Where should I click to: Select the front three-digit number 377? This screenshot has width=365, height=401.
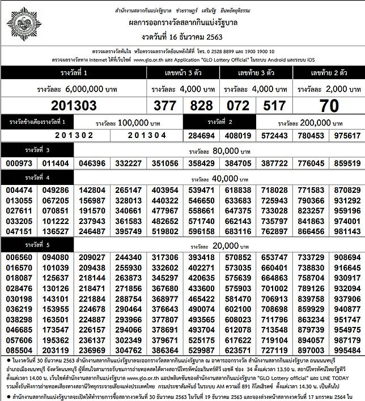[x=165, y=106]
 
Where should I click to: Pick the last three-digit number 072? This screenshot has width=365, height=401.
[x=238, y=106]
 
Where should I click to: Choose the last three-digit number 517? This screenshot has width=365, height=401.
[x=274, y=106]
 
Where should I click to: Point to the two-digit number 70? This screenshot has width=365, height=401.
[x=329, y=106]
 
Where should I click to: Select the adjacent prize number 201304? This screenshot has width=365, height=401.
[x=147, y=135]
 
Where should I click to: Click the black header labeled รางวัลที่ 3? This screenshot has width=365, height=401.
[x=37, y=149]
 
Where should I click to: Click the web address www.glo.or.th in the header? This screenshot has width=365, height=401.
[x=156, y=59]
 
